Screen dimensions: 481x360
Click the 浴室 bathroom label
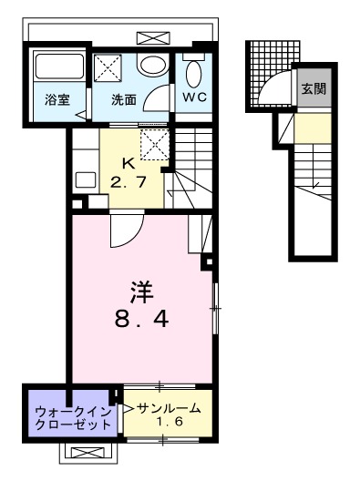click(x=57, y=100)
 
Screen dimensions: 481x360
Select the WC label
click(x=195, y=97)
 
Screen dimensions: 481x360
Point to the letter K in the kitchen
click(x=129, y=165)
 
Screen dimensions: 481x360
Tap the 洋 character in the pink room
click(x=139, y=294)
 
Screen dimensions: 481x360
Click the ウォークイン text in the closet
click(x=67, y=411)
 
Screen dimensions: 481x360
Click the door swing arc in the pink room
click(x=118, y=235)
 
